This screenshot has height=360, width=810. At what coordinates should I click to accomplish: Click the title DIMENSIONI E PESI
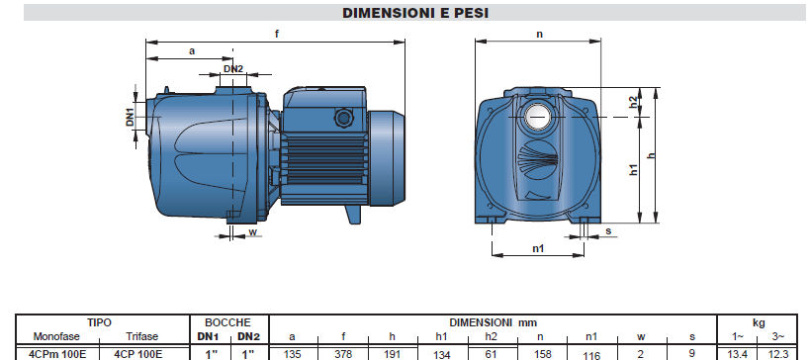[415, 13]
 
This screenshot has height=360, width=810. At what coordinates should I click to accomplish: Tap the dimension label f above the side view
[277, 34]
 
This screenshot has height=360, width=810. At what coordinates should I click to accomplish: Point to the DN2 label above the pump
[233, 68]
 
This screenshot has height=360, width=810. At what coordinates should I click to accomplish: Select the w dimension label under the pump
[252, 231]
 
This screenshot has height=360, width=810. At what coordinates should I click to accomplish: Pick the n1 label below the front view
[538, 248]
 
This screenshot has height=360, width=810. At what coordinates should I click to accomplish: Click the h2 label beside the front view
[634, 102]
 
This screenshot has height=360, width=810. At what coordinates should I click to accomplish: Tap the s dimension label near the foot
[608, 230]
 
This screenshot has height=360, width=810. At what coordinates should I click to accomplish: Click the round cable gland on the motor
[342, 118]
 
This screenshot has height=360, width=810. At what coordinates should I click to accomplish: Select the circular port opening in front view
[538, 117]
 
